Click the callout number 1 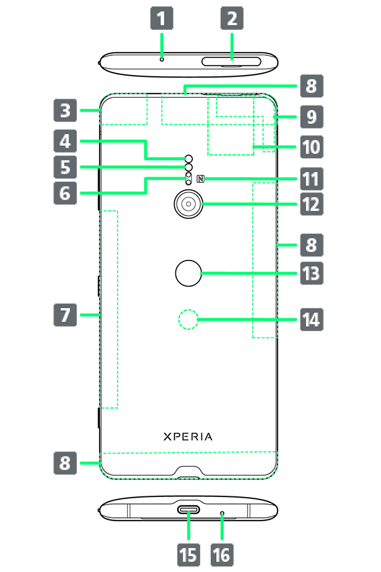click(161, 18)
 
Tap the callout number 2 click(232, 18)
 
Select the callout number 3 click(65, 111)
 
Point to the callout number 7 click(65, 315)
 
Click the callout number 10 click(311, 147)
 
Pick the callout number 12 click(311, 205)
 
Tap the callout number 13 click(311, 274)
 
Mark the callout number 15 click(188, 555)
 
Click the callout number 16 click(221, 555)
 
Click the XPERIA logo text click(188, 437)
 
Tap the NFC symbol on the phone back click(201, 179)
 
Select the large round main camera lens click(188, 203)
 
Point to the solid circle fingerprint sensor click(188, 273)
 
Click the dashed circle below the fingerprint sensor click(188, 320)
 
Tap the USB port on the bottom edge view click(189, 510)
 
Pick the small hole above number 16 click(222, 511)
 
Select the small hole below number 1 click(162, 58)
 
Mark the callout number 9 click(311, 116)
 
